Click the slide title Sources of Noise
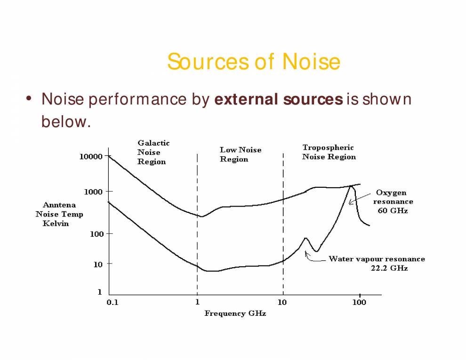[253, 62]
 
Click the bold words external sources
[278, 99]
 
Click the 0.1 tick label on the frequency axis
[112, 302]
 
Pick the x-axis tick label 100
[360, 302]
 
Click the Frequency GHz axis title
[235, 313]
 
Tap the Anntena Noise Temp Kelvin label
[59, 214]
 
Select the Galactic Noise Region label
[153, 152]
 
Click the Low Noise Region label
[240, 154]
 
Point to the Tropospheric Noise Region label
[329, 152]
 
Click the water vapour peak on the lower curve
[305, 238]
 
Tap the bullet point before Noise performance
[29, 99]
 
